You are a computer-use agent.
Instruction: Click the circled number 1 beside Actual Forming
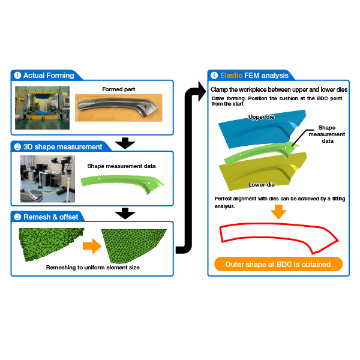[x=17, y=76]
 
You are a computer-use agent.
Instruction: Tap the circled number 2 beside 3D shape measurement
[x=17, y=147]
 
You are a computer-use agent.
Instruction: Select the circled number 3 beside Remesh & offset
[x=17, y=217]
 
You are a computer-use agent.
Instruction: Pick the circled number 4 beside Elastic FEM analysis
[x=214, y=76]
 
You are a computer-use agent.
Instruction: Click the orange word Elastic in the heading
[x=231, y=76]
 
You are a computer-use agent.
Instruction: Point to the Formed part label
[x=118, y=89]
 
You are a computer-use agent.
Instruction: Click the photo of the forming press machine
[x=42, y=107]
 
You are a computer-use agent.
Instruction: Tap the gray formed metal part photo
[x=119, y=107]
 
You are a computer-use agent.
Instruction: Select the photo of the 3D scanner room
[x=47, y=179]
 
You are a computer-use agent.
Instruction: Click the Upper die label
[x=261, y=117]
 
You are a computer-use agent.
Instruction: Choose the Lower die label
[x=261, y=184]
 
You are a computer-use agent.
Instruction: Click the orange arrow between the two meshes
[x=92, y=246]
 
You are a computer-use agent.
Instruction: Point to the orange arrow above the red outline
[x=278, y=212]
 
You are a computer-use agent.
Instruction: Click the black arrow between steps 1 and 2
[x=125, y=143]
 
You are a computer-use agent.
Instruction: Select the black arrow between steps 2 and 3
[x=125, y=214]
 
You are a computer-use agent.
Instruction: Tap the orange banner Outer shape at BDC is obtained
[x=278, y=264]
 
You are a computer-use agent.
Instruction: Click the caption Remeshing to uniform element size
[x=93, y=268]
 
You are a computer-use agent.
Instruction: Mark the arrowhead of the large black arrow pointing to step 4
[x=202, y=91]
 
